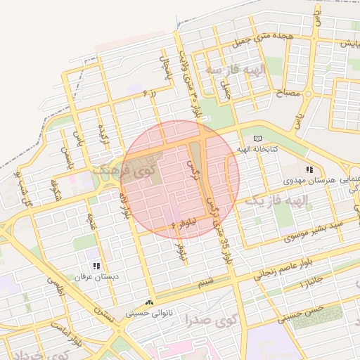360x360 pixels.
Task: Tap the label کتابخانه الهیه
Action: click(x=283, y=149)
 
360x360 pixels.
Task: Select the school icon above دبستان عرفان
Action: click(x=96, y=266)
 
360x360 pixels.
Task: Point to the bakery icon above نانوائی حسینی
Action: click(x=149, y=301)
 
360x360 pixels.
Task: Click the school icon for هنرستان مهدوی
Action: click(x=309, y=169)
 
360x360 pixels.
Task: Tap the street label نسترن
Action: click(x=105, y=316)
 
